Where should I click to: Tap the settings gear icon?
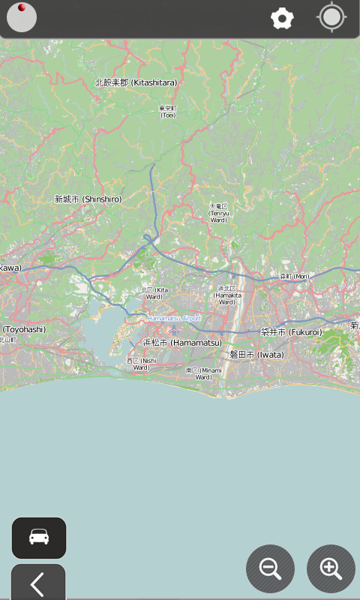[x=282, y=19]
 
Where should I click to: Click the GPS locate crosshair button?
[x=331, y=18]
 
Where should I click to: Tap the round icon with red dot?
[x=22, y=18]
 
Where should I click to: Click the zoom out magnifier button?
[x=270, y=568]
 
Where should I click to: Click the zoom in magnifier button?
[x=331, y=568]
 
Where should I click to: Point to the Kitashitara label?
[x=136, y=82]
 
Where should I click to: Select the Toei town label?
[x=167, y=112]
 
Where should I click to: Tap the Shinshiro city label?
[x=88, y=199]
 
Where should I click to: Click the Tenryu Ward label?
[x=218, y=212]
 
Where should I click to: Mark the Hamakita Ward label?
[x=226, y=295]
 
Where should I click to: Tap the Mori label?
[x=294, y=277]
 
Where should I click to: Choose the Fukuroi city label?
[x=291, y=332]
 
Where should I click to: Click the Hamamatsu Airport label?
[x=174, y=319]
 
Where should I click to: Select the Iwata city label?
[x=256, y=354]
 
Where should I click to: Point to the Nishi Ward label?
[x=142, y=364]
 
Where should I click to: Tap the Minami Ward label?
[x=203, y=373]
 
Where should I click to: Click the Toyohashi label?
[x=24, y=329]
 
